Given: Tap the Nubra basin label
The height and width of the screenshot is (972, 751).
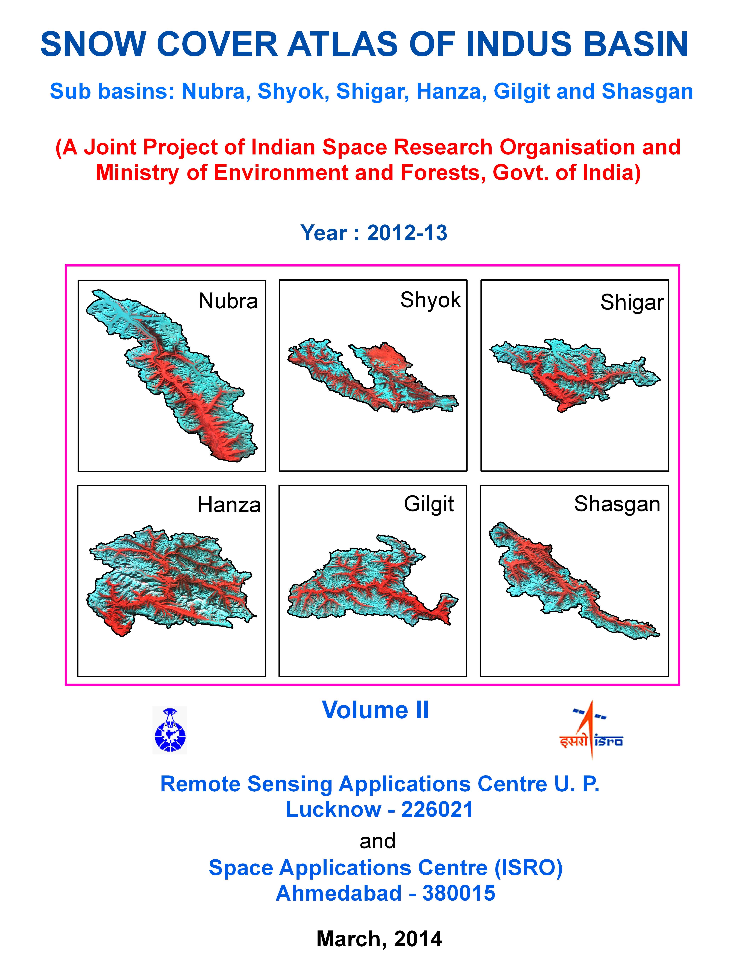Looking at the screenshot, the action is pyautogui.click(x=228, y=301).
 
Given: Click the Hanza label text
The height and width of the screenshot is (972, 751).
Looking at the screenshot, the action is pyautogui.click(x=229, y=505).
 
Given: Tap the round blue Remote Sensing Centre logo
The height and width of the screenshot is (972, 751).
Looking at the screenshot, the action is pyautogui.click(x=169, y=730).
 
